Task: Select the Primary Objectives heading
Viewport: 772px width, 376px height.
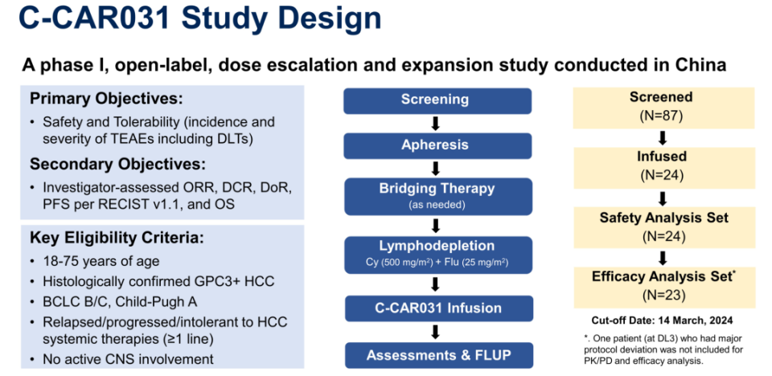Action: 107,99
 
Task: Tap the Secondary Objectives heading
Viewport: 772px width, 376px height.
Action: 117,164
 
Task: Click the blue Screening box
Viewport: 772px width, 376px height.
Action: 435,100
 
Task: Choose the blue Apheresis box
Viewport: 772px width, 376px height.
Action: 435,145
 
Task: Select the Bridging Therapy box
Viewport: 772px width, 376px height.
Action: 435,194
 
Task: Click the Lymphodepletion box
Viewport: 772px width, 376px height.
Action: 435,252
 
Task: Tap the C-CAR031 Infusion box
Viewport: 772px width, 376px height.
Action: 435,308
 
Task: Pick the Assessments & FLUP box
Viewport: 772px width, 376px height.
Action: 435,354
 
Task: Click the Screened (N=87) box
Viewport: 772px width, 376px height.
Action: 661,105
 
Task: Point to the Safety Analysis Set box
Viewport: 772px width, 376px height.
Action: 661,225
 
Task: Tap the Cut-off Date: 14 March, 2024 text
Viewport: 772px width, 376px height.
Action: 661,319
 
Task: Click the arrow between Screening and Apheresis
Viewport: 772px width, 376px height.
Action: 435,123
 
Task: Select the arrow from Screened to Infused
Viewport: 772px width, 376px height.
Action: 661,136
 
